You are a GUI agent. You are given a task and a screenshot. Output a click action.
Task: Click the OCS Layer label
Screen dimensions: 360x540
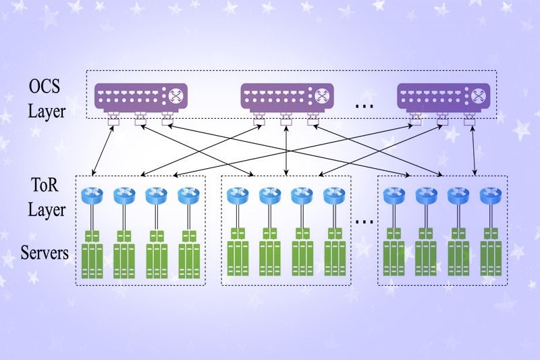(x=47, y=99)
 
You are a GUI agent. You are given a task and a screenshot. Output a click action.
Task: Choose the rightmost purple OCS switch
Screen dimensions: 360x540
(x=443, y=96)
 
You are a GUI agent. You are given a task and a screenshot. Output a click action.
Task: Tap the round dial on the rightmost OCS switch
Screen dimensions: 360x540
(x=480, y=96)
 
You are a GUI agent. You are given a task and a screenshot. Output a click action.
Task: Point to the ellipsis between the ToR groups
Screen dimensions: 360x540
(x=364, y=220)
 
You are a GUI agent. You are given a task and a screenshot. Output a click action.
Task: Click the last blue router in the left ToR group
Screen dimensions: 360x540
(x=188, y=196)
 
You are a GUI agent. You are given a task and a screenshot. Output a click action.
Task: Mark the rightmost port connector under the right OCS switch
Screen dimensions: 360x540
(x=470, y=122)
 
